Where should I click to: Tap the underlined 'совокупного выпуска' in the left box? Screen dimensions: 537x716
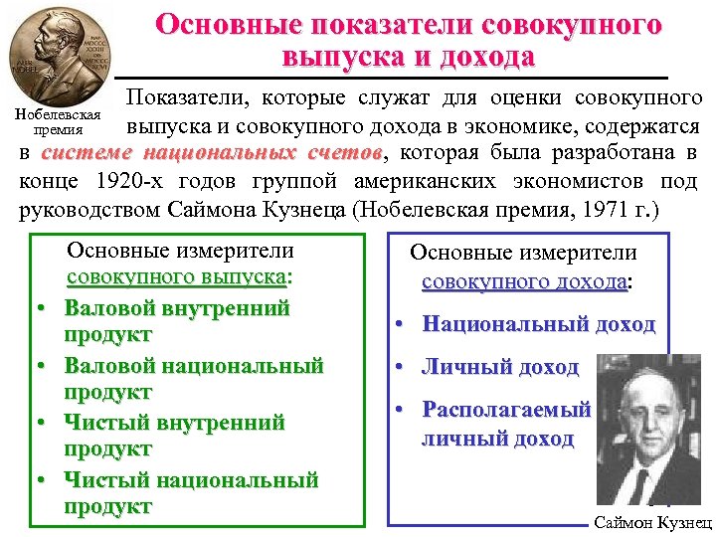[x=176, y=277]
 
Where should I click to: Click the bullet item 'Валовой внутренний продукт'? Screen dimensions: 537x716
[x=176, y=321]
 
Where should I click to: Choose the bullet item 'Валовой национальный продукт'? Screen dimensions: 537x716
[x=193, y=379]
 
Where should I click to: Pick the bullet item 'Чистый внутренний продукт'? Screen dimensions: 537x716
[x=174, y=437]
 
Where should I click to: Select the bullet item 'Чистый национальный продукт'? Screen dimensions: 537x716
[x=191, y=493]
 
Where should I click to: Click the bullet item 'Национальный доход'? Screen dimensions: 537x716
[x=538, y=324]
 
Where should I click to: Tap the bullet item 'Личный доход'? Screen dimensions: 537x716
[x=500, y=367]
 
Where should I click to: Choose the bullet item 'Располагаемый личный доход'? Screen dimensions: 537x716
[x=506, y=424]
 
